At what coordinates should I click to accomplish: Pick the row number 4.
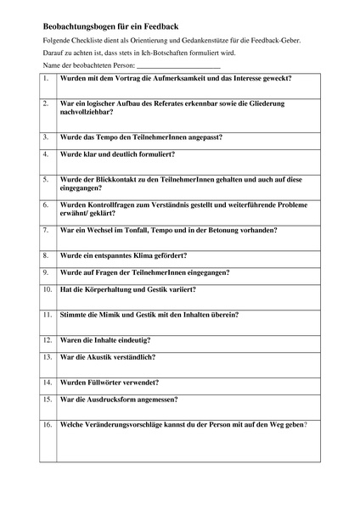(x=46, y=155)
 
